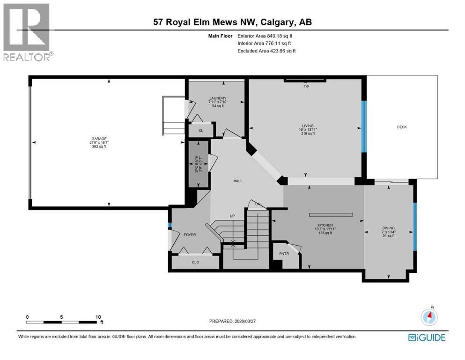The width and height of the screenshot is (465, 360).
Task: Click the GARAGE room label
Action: [x=99, y=139]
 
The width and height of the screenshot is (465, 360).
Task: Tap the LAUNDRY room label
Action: [x=218, y=98]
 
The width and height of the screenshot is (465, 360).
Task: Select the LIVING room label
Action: [x=308, y=126]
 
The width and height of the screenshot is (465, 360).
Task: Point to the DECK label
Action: [x=402, y=127]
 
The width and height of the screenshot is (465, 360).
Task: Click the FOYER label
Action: [x=190, y=235]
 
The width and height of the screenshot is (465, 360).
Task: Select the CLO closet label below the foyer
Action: [x=195, y=262]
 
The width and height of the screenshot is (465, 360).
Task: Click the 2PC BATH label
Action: [x=198, y=165]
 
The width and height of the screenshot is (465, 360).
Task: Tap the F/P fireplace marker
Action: [x=306, y=87]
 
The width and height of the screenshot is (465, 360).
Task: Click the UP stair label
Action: [x=232, y=216]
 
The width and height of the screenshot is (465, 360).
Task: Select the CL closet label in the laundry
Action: [x=200, y=131]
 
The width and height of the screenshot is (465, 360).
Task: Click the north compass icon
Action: [x=429, y=317]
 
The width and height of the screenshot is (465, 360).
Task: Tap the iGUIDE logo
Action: [x=426, y=337]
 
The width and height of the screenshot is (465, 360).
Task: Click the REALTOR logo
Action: [x=27, y=33]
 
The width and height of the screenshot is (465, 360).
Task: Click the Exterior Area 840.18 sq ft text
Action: [x=267, y=36]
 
